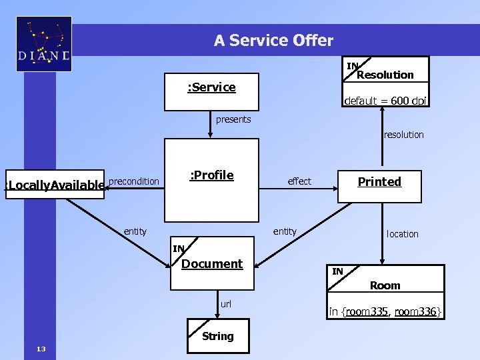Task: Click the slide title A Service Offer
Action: click(273, 41)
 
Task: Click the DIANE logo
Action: click(44, 45)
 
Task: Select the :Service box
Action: click(211, 91)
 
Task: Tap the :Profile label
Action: click(211, 175)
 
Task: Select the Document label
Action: click(212, 264)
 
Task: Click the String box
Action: click(217, 336)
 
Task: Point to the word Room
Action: click(385, 285)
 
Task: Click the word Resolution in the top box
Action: click(385, 75)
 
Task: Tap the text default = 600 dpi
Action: click(385, 101)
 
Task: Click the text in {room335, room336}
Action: click(385, 312)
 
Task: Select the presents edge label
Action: click(233, 120)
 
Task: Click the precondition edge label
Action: click(134, 181)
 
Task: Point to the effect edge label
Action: click(299, 181)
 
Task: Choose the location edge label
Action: click(403, 234)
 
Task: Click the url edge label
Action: click(226, 304)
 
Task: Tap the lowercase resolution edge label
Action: click(403, 135)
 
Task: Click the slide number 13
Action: click(41, 349)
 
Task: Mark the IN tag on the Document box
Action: click(179, 249)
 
